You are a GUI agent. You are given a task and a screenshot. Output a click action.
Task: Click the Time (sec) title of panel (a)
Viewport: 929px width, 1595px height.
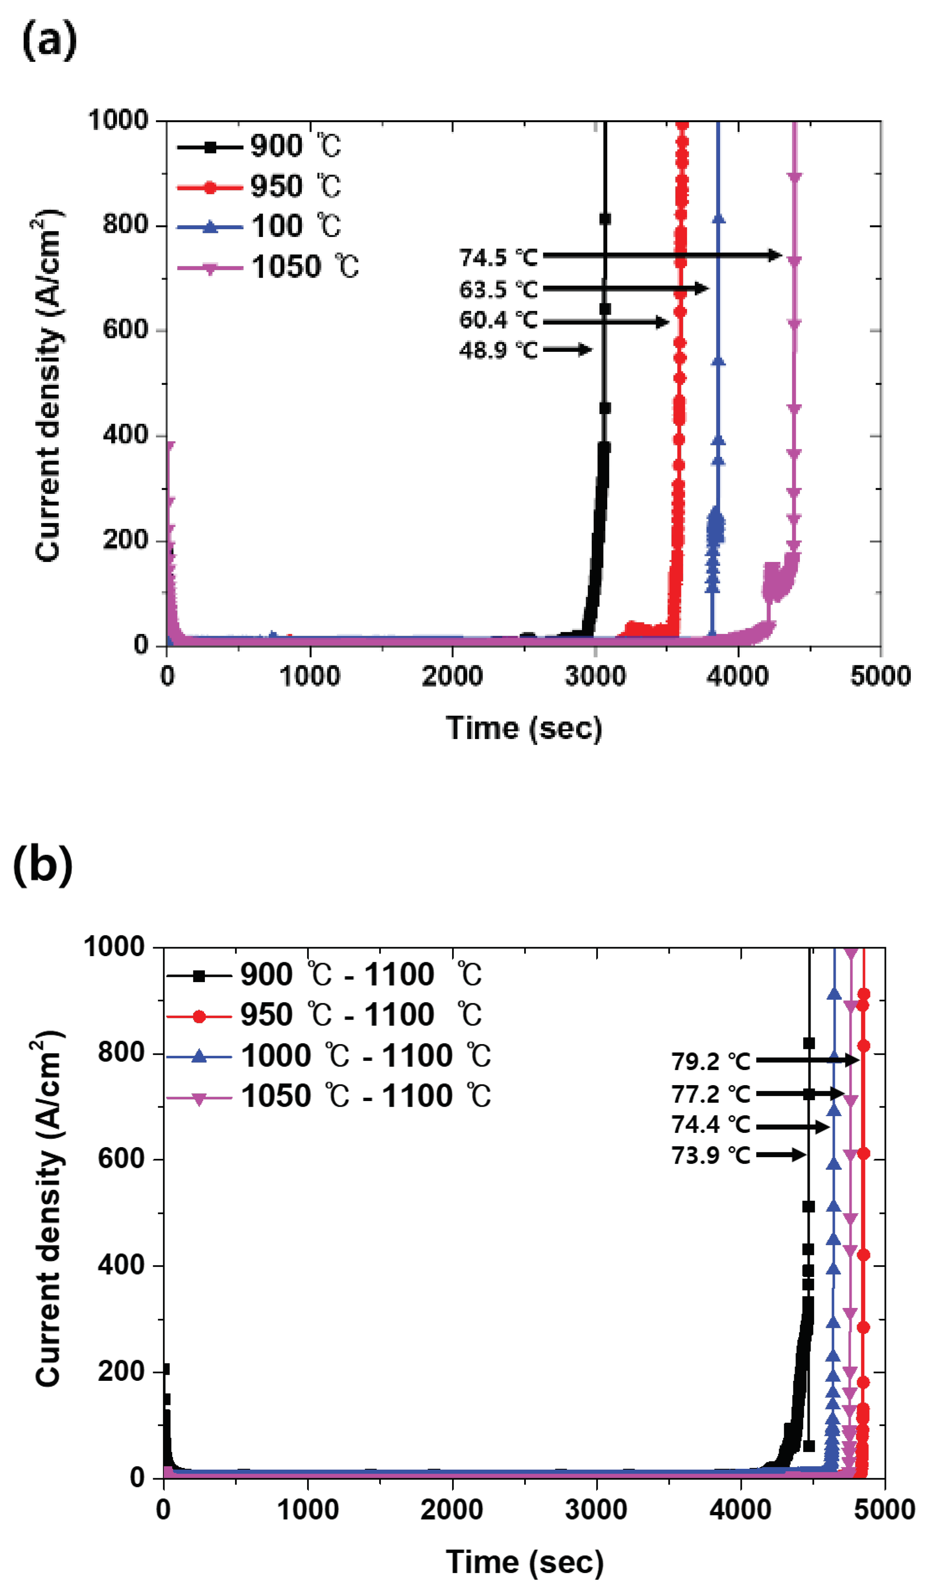524,728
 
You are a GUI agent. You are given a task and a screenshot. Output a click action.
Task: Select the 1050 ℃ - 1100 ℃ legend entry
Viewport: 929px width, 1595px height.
366,1096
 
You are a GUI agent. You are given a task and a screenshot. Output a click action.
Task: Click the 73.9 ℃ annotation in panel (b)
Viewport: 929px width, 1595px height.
711,1155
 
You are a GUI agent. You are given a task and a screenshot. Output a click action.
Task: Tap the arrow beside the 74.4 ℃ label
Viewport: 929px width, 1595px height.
792,1127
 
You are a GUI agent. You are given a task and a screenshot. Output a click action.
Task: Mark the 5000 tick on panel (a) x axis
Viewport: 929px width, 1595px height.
880,676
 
